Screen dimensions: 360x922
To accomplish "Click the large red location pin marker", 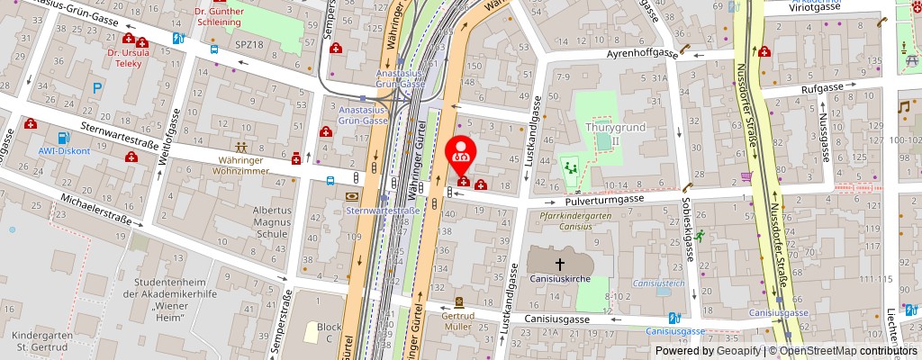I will [x=462, y=152].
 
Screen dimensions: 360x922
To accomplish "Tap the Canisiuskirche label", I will [x=559, y=279].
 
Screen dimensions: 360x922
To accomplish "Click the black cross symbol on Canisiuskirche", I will [x=559, y=264].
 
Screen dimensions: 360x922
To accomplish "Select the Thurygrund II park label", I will [x=602, y=133].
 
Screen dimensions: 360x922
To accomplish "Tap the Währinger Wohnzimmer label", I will [x=240, y=165].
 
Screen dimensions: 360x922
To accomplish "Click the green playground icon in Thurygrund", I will [x=569, y=167].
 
